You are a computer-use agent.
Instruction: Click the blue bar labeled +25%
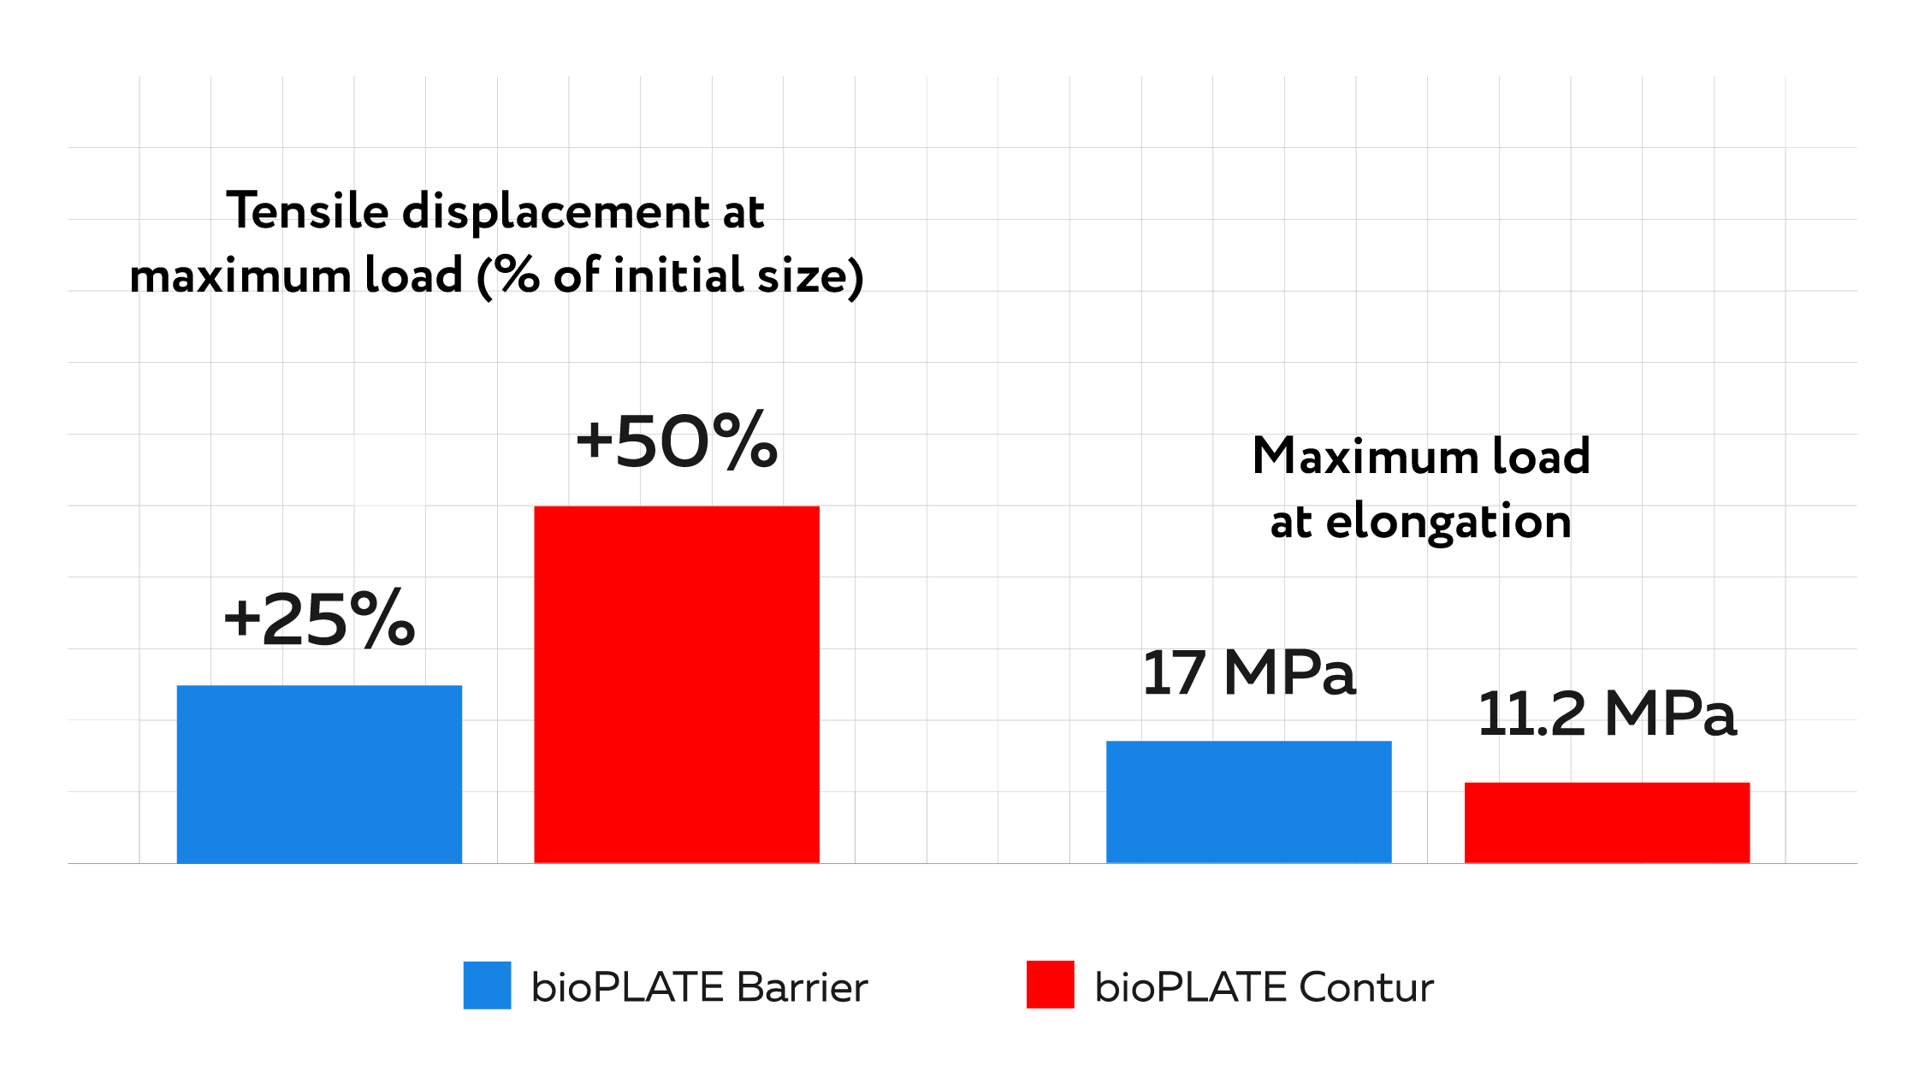click(x=319, y=773)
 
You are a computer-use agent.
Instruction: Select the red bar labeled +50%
click(x=677, y=684)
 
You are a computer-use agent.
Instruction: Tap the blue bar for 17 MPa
click(x=1248, y=802)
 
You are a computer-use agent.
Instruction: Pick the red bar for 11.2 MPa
click(x=1607, y=822)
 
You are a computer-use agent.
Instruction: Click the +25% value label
click(x=319, y=619)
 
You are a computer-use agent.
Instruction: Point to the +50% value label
click(x=677, y=441)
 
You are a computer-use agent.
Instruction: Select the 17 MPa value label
click(x=1248, y=673)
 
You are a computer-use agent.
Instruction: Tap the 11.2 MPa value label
click(x=1607, y=714)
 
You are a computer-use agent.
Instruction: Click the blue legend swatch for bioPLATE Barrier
click(x=487, y=985)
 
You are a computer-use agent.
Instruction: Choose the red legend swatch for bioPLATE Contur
click(x=1050, y=985)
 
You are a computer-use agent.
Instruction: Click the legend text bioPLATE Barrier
click(x=699, y=987)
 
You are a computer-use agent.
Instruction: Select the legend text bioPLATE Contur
click(x=1264, y=987)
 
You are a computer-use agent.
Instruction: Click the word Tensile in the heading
click(x=307, y=211)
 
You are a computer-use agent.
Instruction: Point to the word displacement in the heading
click(x=555, y=213)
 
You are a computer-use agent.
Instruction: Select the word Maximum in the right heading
click(x=1365, y=456)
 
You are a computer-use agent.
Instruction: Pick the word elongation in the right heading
click(x=1448, y=523)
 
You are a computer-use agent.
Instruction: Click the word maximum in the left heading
click(x=240, y=277)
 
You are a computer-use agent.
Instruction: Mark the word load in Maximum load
click(x=1541, y=456)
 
